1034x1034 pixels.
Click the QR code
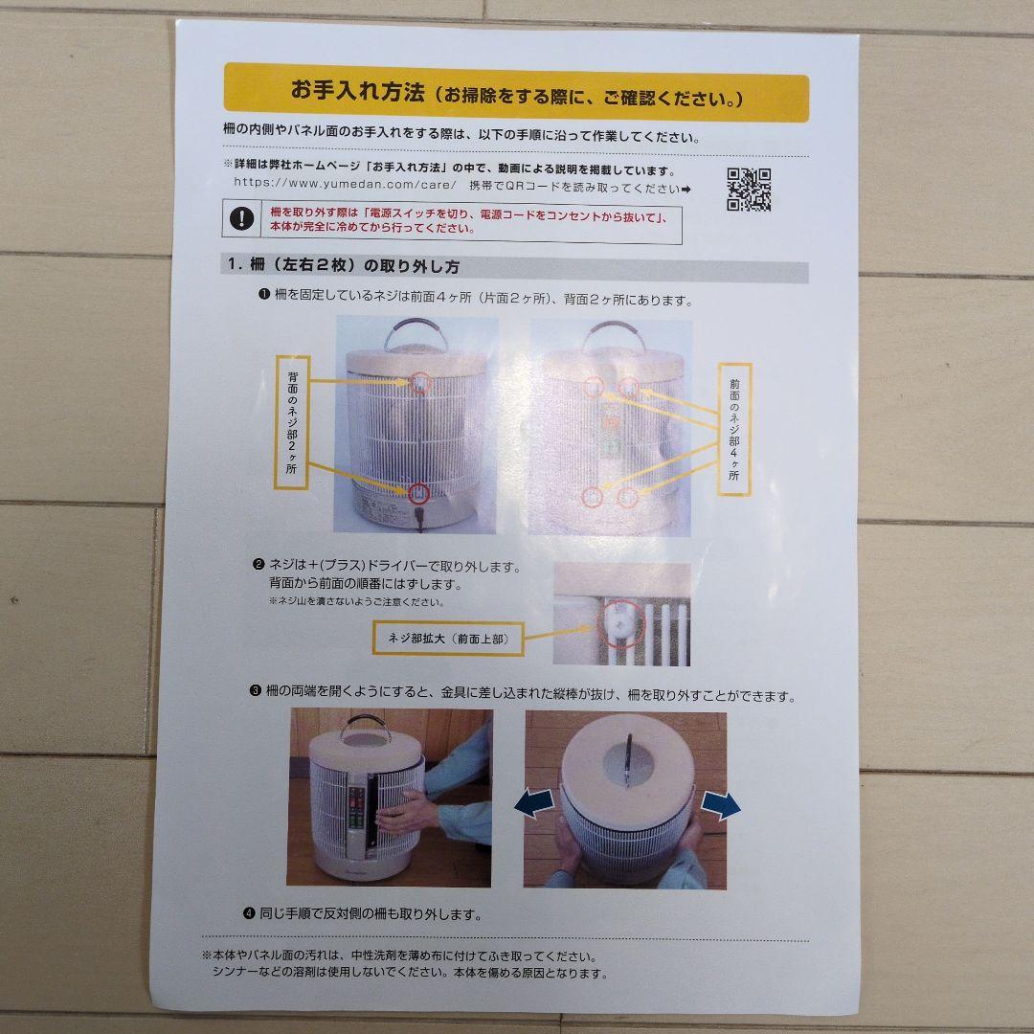tap(749, 190)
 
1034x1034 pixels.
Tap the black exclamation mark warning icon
tap(241, 218)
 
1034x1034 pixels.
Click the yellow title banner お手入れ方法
tap(516, 92)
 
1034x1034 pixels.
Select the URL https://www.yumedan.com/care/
tap(345, 184)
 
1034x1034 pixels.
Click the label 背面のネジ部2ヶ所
tap(291, 422)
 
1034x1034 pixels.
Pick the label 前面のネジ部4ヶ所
tap(734, 429)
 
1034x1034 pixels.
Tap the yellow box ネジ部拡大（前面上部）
tap(448, 639)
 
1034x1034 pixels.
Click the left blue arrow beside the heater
tap(534, 803)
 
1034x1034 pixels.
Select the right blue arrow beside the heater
tap(720, 804)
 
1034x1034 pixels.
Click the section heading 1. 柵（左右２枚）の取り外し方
tap(343, 266)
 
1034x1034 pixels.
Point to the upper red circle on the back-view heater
tap(419, 382)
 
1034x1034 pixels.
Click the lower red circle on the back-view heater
tap(418, 493)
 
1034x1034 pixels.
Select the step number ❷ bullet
tap(258, 565)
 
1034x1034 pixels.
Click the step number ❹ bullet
tap(249, 913)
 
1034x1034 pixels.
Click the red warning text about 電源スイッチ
tap(468, 220)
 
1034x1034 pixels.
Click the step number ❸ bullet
tap(256, 691)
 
